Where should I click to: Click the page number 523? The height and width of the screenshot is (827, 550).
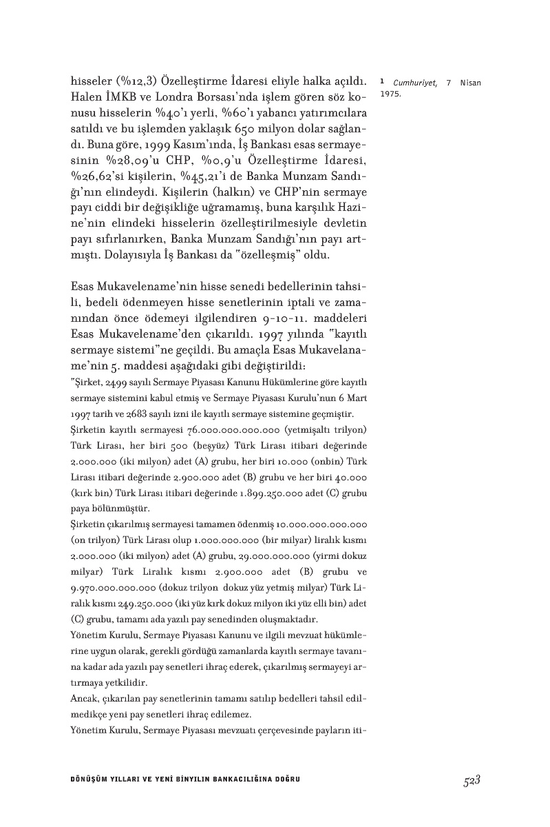click(471, 779)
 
